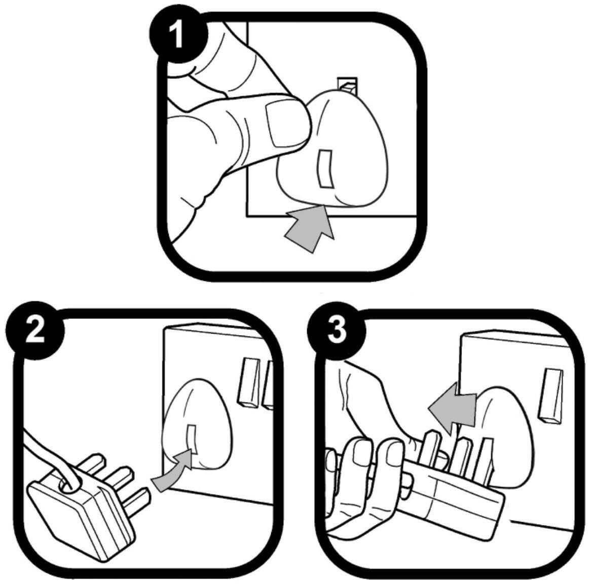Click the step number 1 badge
point(178,38)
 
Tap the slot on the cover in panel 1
point(326,169)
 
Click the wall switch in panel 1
point(347,86)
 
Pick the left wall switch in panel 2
point(248,382)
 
